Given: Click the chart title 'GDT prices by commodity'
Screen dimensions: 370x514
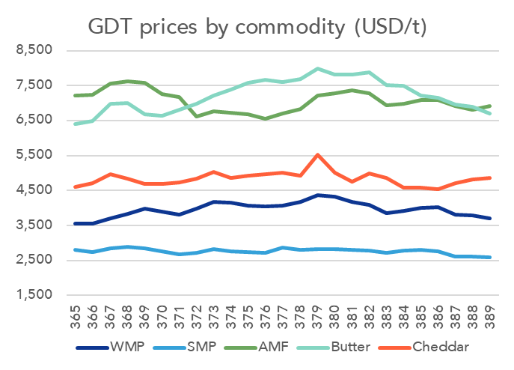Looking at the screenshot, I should click(x=257, y=28).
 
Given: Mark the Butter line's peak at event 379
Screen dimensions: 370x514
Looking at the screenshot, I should click(x=318, y=69).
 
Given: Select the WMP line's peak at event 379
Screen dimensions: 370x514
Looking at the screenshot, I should click(x=318, y=195).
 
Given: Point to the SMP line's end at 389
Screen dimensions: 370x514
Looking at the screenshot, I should click(x=491, y=258).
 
